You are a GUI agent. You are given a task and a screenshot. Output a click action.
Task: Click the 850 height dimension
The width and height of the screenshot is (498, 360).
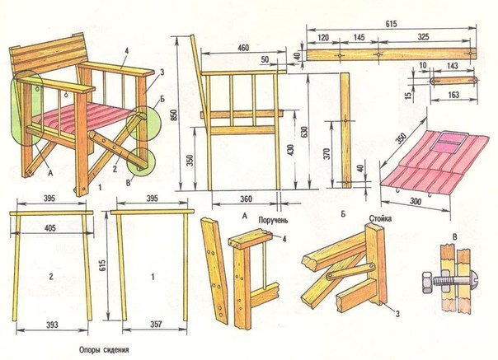pos(174,116)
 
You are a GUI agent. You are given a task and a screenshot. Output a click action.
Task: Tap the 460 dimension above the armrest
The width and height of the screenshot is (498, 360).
pos(243,47)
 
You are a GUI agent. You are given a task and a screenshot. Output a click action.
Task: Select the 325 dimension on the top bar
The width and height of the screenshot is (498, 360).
pos(423,37)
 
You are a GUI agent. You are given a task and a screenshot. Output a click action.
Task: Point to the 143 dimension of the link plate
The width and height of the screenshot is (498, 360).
pos(452,66)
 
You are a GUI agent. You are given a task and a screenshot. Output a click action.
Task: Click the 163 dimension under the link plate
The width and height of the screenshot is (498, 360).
pos(454,95)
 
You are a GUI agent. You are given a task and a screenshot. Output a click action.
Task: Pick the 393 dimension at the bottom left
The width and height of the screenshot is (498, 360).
pos(52,325)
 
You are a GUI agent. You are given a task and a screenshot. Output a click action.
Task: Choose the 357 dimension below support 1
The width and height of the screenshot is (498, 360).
pos(156,324)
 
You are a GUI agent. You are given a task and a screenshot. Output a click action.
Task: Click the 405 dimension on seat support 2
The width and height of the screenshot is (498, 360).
pos(50,227)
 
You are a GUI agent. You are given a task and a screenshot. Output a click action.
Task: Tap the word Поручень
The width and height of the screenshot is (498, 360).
pos(273,220)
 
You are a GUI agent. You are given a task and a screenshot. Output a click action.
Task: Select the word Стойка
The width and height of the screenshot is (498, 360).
pos(380,218)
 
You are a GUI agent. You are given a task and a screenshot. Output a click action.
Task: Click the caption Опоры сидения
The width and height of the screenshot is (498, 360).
pos(104,350)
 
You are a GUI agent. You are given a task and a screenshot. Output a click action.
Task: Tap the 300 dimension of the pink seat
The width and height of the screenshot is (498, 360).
pos(415,201)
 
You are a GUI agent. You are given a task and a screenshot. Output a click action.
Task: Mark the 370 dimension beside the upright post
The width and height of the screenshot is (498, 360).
pos(328,154)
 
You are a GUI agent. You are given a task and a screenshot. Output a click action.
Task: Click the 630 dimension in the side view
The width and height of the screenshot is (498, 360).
pos(305,132)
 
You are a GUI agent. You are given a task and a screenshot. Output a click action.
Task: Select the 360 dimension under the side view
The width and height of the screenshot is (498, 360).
pos(246,199)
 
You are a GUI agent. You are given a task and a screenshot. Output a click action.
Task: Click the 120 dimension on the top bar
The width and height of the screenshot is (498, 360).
pos(323,38)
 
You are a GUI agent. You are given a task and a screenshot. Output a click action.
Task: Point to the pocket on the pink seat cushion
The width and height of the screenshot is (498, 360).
pos(449,143)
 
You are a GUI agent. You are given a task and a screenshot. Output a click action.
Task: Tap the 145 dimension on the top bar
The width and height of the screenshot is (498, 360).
pos(359,37)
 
